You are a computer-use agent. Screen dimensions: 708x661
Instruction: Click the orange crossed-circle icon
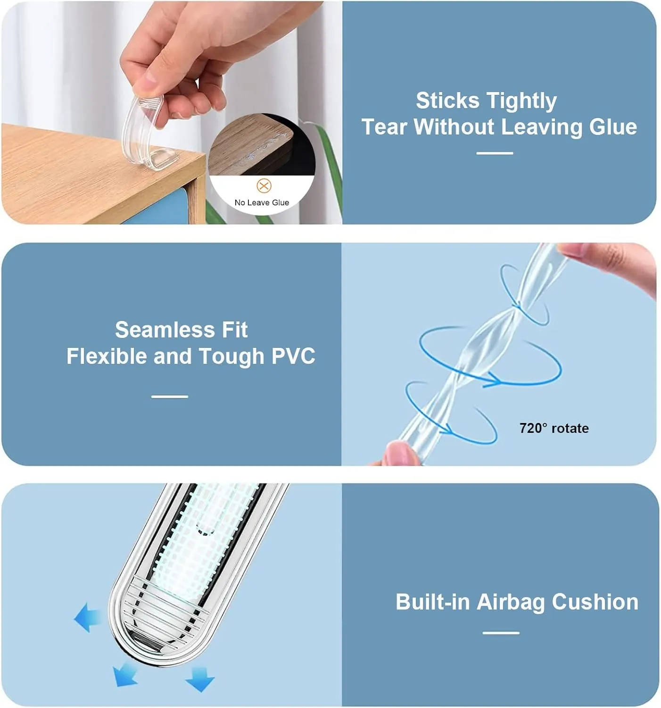[x=264, y=185]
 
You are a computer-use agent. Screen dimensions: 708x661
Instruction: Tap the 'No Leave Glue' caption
[x=262, y=202]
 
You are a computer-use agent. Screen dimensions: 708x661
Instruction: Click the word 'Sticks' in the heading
[x=447, y=101]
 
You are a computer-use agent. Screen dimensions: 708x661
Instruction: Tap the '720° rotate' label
[x=554, y=428]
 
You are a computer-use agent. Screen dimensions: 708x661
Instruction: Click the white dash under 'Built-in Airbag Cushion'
[x=501, y=632]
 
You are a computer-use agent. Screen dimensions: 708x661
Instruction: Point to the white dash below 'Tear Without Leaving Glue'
[x=495, y=153]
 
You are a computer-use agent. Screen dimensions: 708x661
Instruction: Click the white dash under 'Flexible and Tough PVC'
[x=170, y=396]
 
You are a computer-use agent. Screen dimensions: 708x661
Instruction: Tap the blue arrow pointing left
[x=88, y=617]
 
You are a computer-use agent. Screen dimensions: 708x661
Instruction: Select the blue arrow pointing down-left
[x=125, y=675]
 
